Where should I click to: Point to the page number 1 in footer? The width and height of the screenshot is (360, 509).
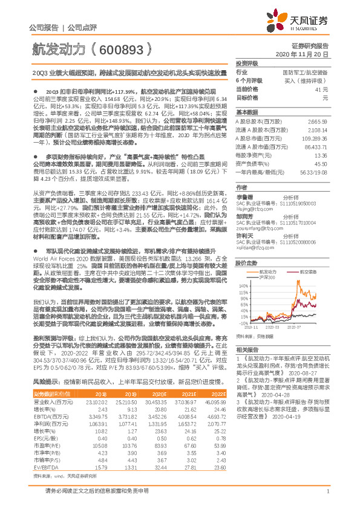point(327,499)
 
